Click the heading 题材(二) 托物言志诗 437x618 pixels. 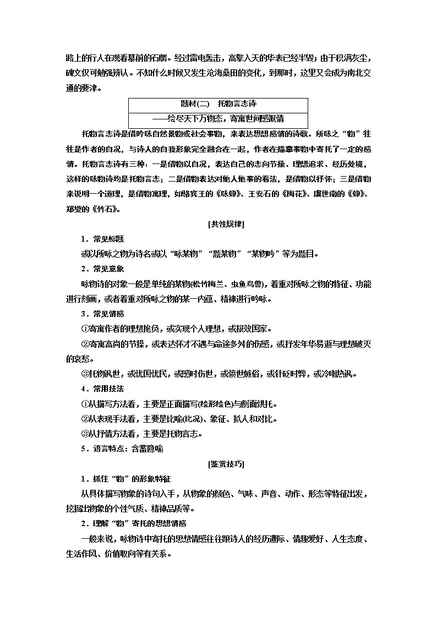coord(218,103)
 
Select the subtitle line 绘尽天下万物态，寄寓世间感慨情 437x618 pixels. coord(218,118)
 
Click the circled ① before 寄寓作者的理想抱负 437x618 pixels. coord(84,329)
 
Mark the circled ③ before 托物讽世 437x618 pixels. coord(84,374)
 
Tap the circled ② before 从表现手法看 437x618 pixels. coord(84,419)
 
